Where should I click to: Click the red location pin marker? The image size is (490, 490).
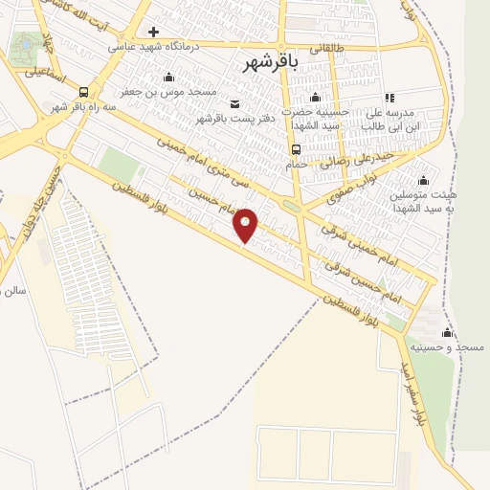[x=246, y=225]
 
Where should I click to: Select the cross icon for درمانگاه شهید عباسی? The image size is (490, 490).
[x=153, y=32]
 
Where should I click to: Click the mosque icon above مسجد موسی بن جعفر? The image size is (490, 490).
[x=169, y=78]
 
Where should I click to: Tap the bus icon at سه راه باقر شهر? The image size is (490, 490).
[x=84, y=93]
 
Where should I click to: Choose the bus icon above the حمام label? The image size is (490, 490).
[x=296, y=148]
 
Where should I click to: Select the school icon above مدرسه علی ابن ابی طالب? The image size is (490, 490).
[x=389, y=97]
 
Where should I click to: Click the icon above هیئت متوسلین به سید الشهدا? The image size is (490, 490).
[x=422, y=180]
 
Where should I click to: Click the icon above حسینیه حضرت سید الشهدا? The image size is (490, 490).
[x=315, y=97]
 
